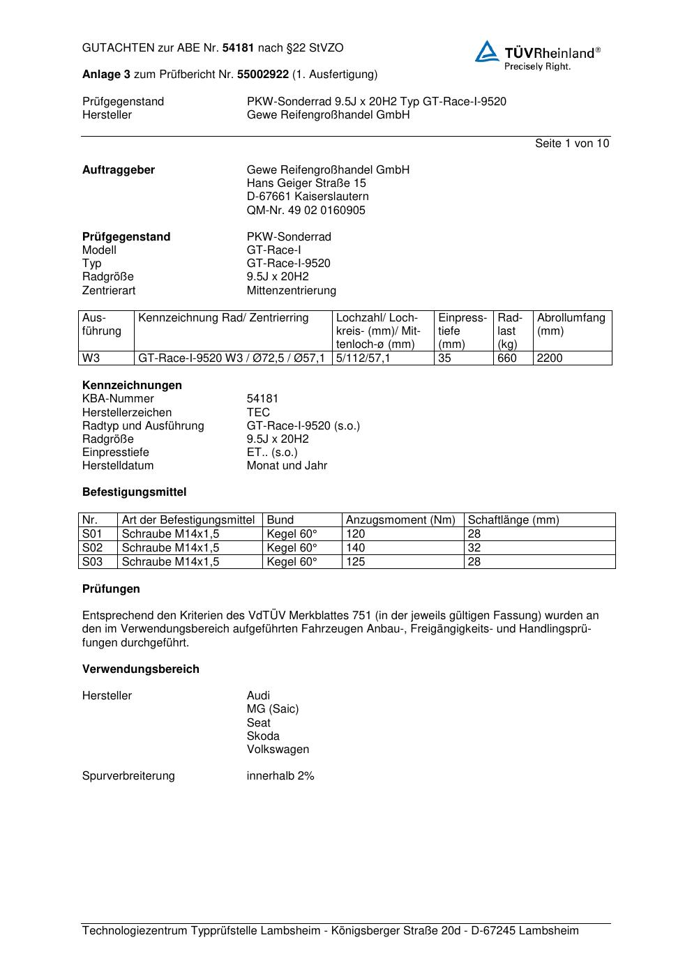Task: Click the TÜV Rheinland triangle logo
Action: [x=487, y=52]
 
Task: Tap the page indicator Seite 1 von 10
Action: [x=571, y=144]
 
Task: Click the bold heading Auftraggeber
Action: [x=119, y=170]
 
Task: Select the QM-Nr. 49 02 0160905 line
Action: [x=306, y=211]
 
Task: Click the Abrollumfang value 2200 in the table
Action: [x=550, y=358]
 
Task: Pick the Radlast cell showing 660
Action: [x=507, y=358]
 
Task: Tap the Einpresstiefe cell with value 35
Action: [x=445, y=358]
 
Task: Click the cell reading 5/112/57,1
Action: [x=363, y=358]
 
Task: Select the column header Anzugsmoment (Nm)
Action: [x=400, y=520]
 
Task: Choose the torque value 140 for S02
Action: [x=356, y=548]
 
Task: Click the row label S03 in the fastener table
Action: [x=92, y=562]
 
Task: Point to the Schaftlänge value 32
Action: [x=474, y=548]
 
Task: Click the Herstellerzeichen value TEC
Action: [x=258, y=412]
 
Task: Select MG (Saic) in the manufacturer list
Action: [x=272, y=709]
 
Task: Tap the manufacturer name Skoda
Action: [x=263, y=736]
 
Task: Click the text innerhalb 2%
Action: [x=280, y=776]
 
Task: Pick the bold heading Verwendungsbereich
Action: [x=141, y=669]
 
